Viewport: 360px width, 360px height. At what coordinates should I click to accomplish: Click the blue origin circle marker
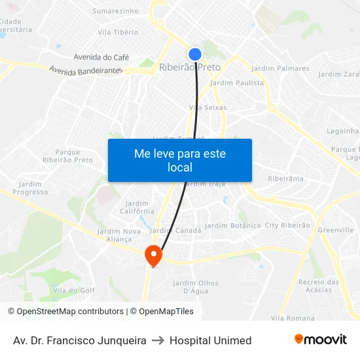tap(195, 54)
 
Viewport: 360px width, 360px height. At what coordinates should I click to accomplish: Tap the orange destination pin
tap(153, 255)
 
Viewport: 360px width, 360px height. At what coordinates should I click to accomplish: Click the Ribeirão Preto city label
tap(190, 67)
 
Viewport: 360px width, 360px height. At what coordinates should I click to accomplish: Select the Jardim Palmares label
tap(280, 68)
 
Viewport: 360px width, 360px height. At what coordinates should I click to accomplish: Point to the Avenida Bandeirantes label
tap(86, 70)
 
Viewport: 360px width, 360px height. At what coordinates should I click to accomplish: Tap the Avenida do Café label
tap(101, 57)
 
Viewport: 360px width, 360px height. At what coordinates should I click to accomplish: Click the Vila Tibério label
tap(118, 32)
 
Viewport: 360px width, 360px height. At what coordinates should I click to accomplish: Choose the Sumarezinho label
tap(115, 11)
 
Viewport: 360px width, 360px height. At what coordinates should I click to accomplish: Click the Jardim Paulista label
tap(237, 82)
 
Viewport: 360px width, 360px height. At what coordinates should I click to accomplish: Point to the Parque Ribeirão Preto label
tap(67, 156)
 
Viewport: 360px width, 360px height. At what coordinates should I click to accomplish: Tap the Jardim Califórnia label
tap(137, 207)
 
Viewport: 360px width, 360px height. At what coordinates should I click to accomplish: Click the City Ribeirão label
tap(287, 225)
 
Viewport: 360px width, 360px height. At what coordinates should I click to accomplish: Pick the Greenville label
tap(335, 230)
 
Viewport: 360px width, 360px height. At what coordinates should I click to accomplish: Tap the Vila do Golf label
tap(74, 290)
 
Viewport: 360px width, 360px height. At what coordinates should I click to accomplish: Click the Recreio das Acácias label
tap(319, 286)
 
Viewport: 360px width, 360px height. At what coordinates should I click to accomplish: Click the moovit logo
tap(320, 339)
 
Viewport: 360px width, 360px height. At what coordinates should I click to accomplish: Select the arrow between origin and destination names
tap(158, 340)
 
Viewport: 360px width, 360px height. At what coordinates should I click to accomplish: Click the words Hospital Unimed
tap(210, 340)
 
